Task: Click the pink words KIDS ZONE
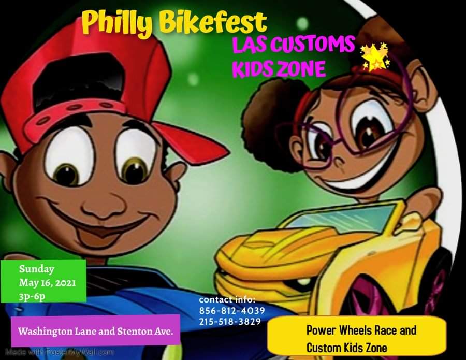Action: pyautogui.click(x=279, y=69)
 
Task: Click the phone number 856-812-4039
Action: pyautogui.click(x=232, y=311)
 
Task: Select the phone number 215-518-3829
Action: pyautogui.click(x=230, y=322)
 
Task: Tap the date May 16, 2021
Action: pyautogui.click(x=47, y=283)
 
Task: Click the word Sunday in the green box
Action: pyautogui.click(x=37, y=269)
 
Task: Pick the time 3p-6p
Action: pyautogui.click(x=32, y=297)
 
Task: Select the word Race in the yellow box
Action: pyautogui.click(x=386, y=330)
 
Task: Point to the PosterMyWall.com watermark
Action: pyautogui.click(x=60, y=353)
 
